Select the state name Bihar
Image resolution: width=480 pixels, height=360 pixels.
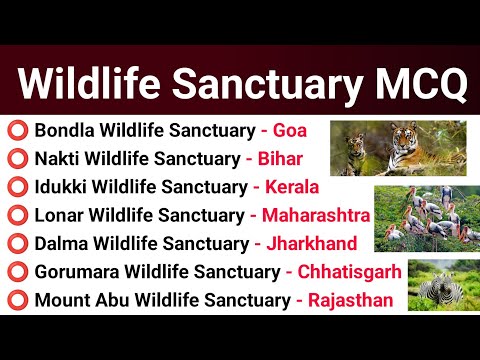281,159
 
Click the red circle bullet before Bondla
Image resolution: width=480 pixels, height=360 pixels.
17,131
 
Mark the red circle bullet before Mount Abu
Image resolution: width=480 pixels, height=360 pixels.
17,299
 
